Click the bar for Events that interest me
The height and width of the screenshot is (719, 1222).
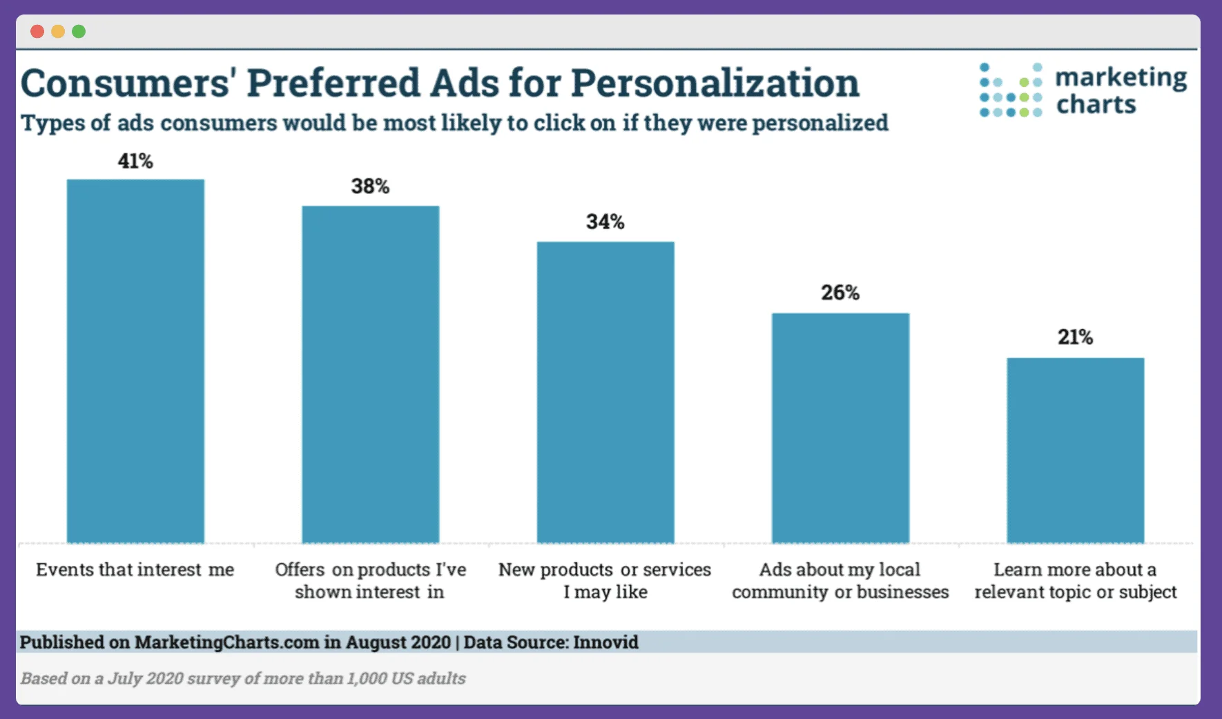point(135,361)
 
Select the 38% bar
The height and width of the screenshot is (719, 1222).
point(370,374)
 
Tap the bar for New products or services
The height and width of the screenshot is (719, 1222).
point(605,392)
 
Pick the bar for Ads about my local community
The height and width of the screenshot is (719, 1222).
point(840,428)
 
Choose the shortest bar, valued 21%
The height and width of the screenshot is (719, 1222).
point(1075,450)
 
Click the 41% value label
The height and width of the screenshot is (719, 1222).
point(135,161)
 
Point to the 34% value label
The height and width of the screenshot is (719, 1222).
point(605,222)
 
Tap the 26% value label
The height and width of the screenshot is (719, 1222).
point(840,293)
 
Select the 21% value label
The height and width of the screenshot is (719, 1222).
point(1075,337)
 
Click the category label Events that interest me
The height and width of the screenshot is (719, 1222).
point(135,570)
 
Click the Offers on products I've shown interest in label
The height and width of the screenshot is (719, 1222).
point(370,581)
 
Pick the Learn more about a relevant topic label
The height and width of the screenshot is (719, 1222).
point(1075,581)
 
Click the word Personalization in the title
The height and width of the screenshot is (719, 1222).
point(715,84)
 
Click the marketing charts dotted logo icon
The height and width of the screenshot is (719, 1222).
point(1010,90)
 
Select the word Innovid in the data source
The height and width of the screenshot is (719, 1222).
point(605,642)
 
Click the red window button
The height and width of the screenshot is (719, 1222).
point(37,32)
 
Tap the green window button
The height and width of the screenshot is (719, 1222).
point(79,32)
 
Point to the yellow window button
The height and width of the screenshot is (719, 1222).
point(58,32)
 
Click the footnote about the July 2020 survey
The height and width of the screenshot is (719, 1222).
point(243,678)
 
